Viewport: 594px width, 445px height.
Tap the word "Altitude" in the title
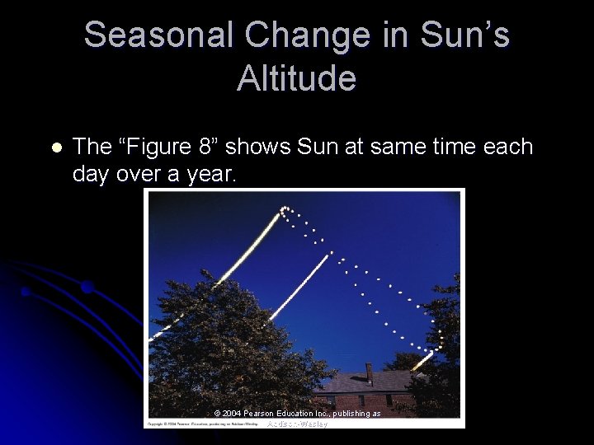coord(296,78)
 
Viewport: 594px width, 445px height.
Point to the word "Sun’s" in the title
coord(465,35)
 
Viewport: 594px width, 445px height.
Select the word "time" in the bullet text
coord(457,148)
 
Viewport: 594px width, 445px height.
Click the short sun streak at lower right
coord(422,361)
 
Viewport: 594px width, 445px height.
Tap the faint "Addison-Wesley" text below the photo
coord(298,424)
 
